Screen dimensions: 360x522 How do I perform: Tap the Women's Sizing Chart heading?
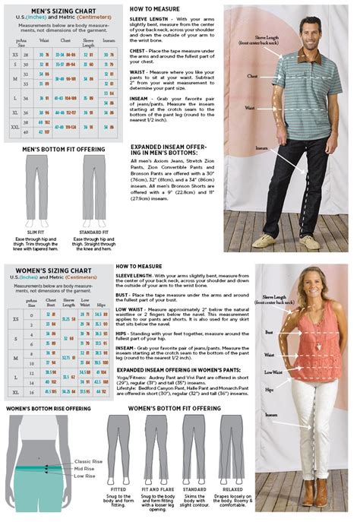click(x=55, y=270)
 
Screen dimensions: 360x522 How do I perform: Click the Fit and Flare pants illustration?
click(x=156, y=449)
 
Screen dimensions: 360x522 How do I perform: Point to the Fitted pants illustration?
click(x=119, y=449)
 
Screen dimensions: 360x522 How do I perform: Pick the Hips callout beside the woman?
click(x=270, y=389)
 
